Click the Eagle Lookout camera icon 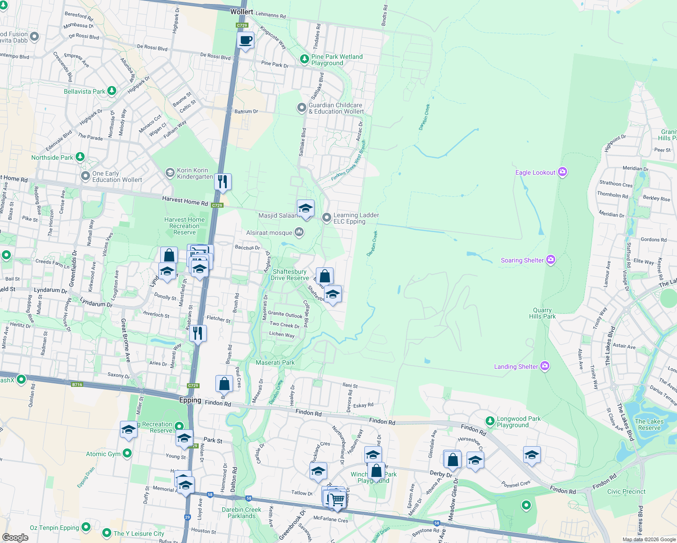coord(563,172)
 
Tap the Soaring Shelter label coord(522,260)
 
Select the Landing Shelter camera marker coord(545,366)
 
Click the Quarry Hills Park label coord(542,313)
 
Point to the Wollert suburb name coord(242,12)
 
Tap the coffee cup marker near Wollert coord(246,41)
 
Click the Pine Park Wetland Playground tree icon coord(305,59)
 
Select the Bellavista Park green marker coord(111,91)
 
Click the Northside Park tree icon coord(80,157)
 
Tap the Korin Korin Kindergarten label coord(195,173)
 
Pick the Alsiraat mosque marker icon coord(299,232)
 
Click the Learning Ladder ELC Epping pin coord(326,218)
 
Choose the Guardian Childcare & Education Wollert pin coord(301,108)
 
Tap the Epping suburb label coord(190,400)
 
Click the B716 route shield coord(77,385)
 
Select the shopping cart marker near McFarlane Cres coord(337,500)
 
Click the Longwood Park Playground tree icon coord(490,421)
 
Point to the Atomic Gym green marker coord(127,453)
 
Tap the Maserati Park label coord(275,362)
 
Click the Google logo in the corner coord(15,537)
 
